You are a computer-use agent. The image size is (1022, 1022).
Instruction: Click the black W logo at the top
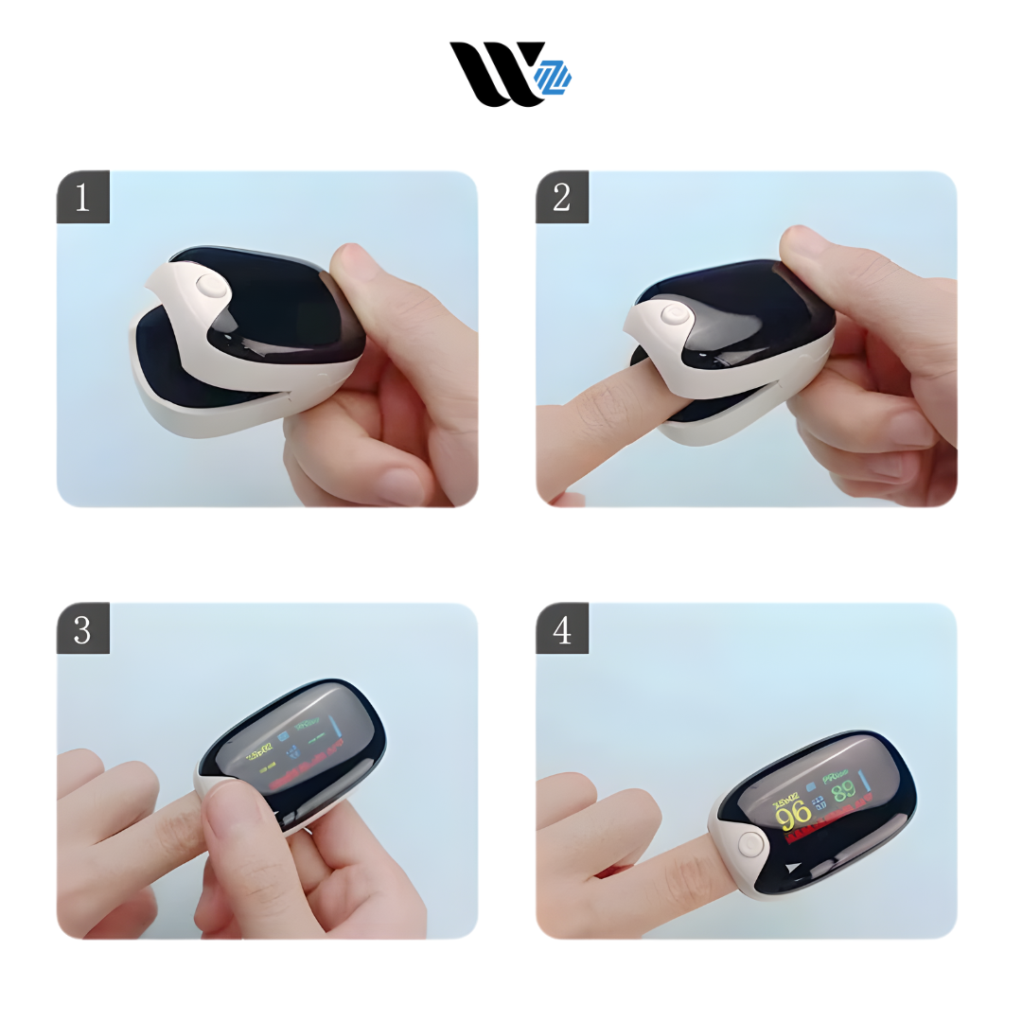(x=492, y=73)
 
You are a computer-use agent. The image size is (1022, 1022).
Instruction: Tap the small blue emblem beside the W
(x=554, y=78)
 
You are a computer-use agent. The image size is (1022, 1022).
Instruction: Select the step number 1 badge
(x=83, y=198)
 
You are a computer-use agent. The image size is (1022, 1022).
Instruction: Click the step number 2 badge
(x=562, y=198)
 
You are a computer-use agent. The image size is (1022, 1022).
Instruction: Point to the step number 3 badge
(x=83, y=629)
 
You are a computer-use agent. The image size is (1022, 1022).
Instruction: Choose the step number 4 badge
(x=562, y=629)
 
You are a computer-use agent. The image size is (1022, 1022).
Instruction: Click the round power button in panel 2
(x=676, y=316)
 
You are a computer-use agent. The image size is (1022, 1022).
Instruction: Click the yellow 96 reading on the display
(x=793, y=813)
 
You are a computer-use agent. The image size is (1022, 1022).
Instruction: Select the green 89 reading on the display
(x=843, y=791)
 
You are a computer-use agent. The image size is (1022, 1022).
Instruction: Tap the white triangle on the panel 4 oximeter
(x=791, y=867)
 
